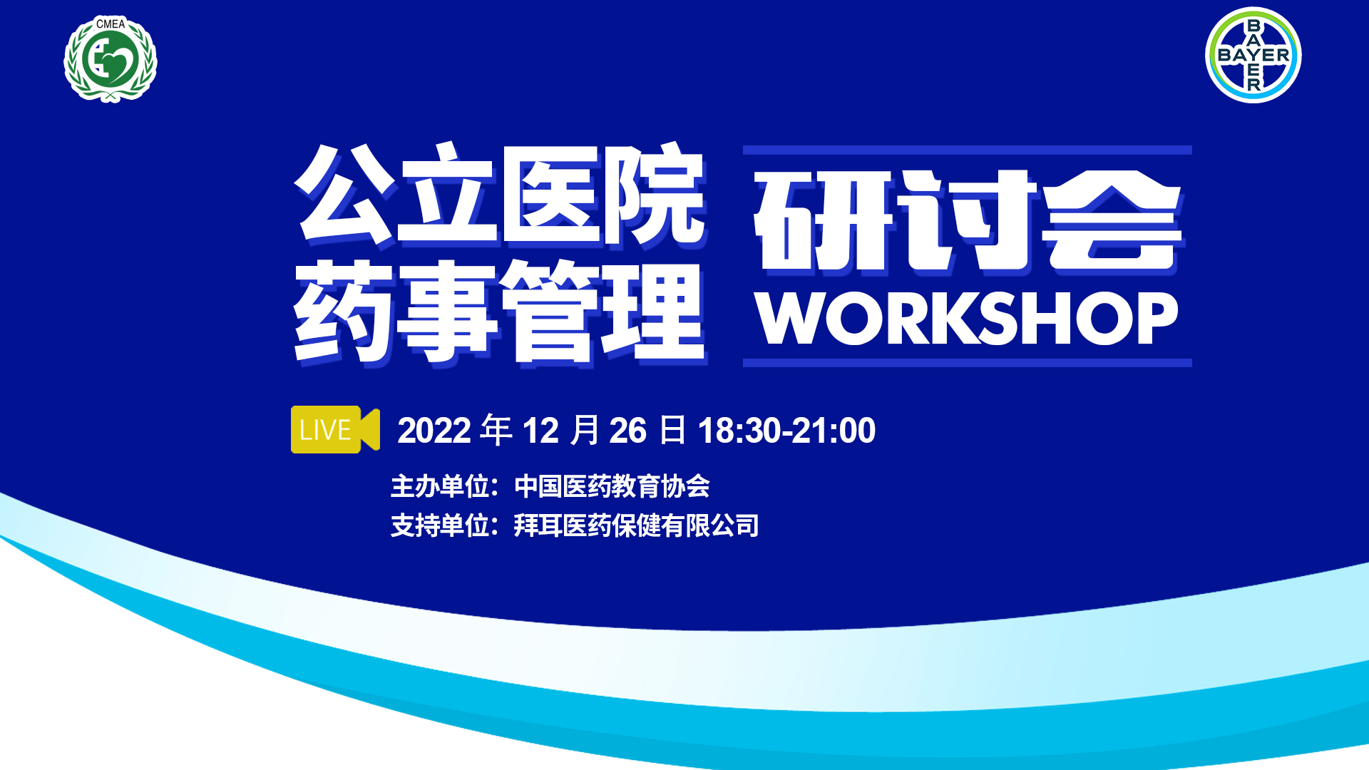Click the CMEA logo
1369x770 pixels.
pos(111,59)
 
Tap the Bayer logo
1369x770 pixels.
pos(1253,55)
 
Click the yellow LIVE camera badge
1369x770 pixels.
pos(335,429)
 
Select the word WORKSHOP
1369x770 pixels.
pos(967,318)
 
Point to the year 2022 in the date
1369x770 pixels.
pos(434,431)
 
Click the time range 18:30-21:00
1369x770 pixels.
pos(786,431)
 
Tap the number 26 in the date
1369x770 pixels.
pos(627,431)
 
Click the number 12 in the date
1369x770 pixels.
pos(540,431)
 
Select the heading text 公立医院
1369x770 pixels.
pos(500,195)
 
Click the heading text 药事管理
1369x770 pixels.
pos(500,312)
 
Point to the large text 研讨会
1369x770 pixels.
pos(968,221)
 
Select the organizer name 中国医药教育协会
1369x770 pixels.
pos(612,486)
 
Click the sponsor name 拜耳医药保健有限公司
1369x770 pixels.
pos(636,525)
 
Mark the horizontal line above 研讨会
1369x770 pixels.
pos(968,150)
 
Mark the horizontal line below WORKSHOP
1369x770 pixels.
pos(968,363)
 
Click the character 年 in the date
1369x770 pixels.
pos(496,430)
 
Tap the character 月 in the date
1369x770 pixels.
pos(585,430)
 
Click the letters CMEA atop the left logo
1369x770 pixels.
pos(111,24)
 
